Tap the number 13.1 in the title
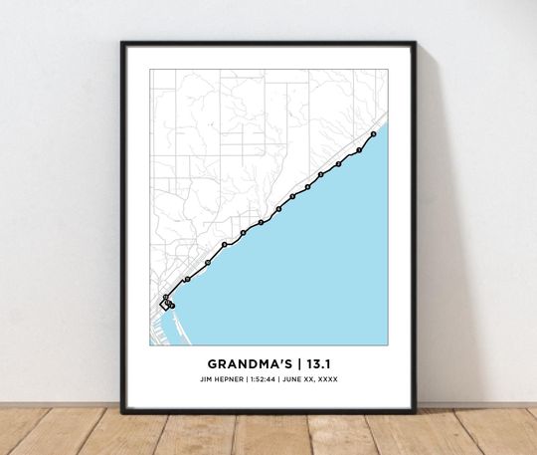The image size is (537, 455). pyautogui.click(x=315, y=364)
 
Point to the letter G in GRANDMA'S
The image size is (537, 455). pyautogui.click(x=212, y=364)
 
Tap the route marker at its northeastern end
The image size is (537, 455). pyautogui.click(x=372, y=133)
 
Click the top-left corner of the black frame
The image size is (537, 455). pyautogui.click(x=123, y=44)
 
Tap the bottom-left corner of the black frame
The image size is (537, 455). pyautogui.click(x=123, y=411)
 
